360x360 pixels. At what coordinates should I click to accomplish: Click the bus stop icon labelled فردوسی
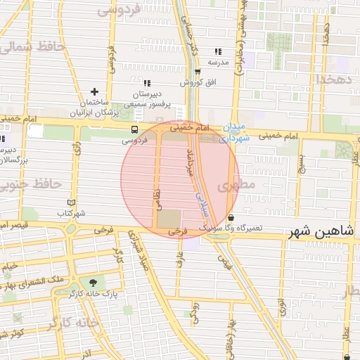coord(134,129)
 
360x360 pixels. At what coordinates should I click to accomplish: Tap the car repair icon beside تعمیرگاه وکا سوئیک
coord(231,217)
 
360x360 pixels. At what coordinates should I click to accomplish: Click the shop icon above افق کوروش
coord(198,72)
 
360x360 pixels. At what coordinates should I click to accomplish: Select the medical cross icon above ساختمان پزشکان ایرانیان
coord(95,91)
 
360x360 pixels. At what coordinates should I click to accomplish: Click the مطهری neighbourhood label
coord(234,186)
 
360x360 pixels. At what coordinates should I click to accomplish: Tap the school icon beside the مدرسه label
coord(218,51)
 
